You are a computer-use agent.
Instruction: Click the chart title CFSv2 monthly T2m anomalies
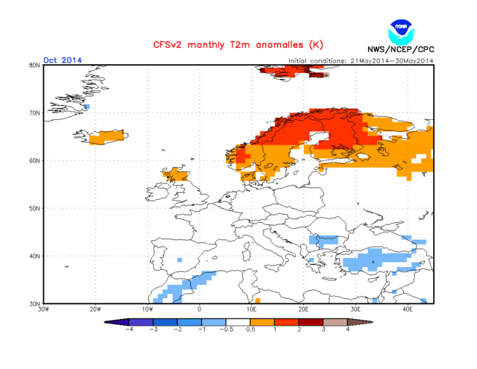(229, 45)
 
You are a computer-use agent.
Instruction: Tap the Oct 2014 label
(63, 60)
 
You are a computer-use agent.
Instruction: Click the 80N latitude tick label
(34, 66)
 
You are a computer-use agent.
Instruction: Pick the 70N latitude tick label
(34, 113)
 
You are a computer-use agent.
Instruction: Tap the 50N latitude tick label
(34, 209)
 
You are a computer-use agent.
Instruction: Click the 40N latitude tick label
(34, 256)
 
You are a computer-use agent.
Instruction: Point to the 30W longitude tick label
(43, 309)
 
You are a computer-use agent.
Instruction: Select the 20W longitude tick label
(95, 309)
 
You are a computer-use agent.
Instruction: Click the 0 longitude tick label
(199, 309)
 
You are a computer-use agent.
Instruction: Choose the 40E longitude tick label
(408, 309)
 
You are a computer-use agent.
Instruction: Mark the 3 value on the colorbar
(323, 329)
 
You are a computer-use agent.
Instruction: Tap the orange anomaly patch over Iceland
(108, 136)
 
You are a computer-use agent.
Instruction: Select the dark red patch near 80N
(319, 74)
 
